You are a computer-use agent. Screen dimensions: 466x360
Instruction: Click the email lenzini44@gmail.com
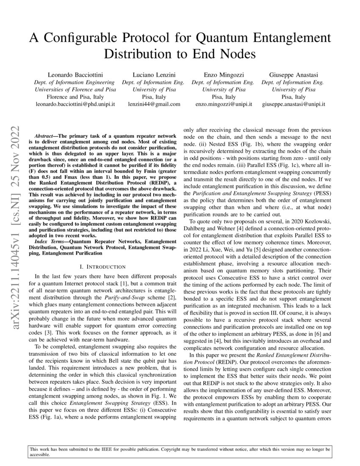coord(154,104)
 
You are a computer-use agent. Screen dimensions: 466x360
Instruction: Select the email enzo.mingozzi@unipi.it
coord(223,104)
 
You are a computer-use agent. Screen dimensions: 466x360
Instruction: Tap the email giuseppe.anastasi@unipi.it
coord(294,104)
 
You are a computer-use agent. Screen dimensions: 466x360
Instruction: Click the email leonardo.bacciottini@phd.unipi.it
coord(74,104)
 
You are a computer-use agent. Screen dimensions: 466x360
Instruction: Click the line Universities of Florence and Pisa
coord(74,89)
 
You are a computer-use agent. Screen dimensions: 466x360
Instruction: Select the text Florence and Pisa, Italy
coord(74,97)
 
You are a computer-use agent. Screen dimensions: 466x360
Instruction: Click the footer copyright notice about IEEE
coord(180,451)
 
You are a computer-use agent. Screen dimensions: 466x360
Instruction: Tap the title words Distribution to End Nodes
coord(180,55)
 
